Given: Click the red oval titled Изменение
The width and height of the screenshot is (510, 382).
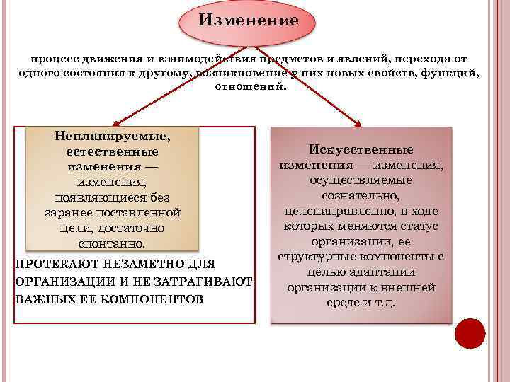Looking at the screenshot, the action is (x=248, y=21).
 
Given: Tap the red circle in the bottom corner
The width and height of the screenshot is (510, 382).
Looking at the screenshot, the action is (x=470, y=333).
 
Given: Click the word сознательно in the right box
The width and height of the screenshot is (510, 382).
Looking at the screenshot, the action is (x=361, y=195).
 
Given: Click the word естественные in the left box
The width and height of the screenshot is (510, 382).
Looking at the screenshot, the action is (x=113, y=151).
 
